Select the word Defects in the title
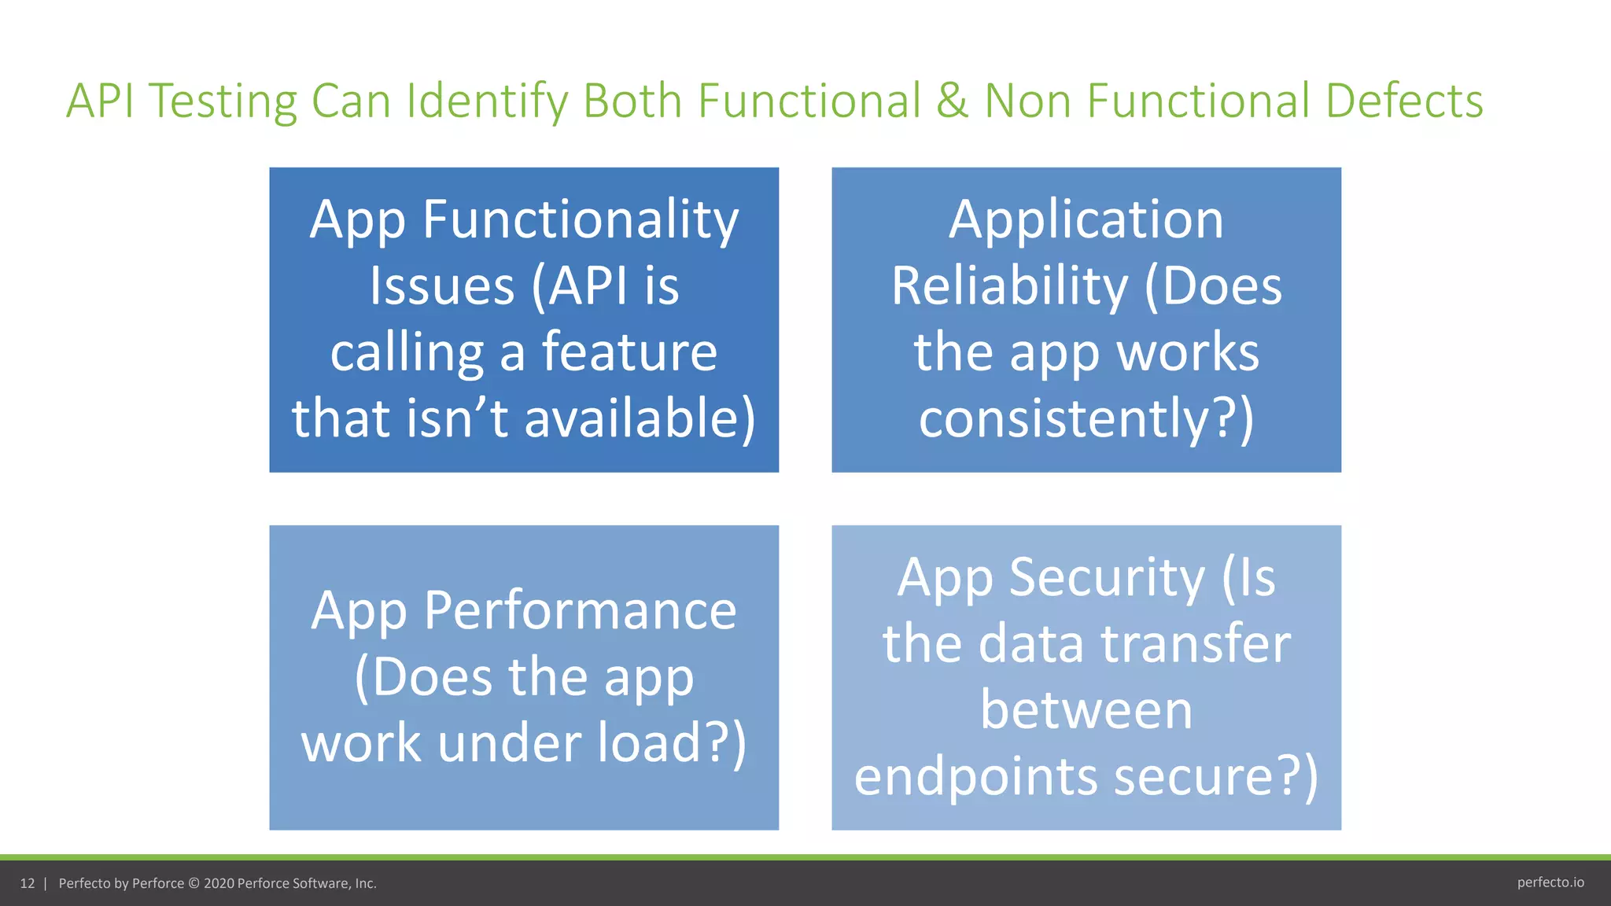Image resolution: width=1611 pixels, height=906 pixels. pyautogui.click(x=1404, y=101)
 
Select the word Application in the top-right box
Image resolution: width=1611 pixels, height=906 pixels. pyautogui.click(x=1086, y=219)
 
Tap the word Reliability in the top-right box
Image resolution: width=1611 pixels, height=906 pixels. pyautogui.click(x=1009, y=285)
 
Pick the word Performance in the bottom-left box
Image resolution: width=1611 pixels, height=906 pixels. pyautogui.click(x=580, y=610)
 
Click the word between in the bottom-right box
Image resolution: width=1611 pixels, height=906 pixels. pyautogui.click(x=1086, y=709)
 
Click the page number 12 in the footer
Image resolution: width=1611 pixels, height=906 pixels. pyautogui.click(x=28, y=883)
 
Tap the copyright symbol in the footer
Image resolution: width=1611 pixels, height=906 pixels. pyautogui.click(x=194, y=883)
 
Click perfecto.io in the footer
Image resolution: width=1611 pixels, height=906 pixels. pyautogui.click(x=1550, y=882)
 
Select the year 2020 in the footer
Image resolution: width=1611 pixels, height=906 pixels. pyautogui.click(x=219, y=883)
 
